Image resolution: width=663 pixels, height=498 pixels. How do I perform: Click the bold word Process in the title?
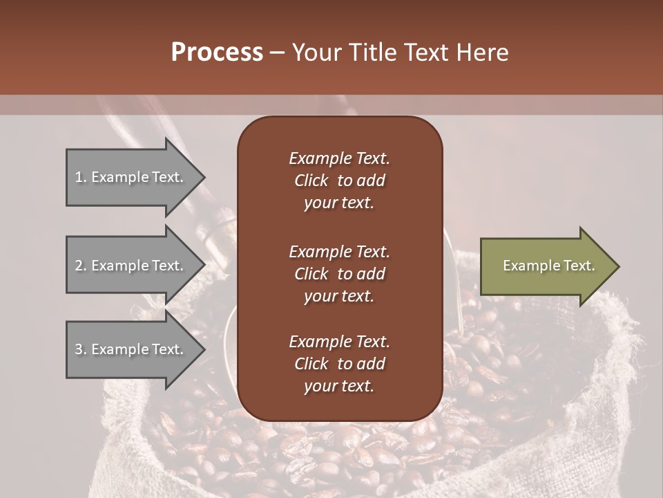point(217,53)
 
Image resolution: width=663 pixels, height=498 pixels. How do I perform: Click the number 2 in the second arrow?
point(79,266)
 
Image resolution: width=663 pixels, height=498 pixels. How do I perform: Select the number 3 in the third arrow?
point(79,349)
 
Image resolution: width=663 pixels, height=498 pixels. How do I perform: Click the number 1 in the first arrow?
point(78,177)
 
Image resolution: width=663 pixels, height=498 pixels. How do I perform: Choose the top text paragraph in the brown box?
point(339,181)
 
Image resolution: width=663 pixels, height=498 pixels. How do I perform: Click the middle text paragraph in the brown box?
point(339,274)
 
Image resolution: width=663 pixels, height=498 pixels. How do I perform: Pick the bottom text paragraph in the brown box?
point(339,364)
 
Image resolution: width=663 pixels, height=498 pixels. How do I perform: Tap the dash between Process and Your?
point(277,53)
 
